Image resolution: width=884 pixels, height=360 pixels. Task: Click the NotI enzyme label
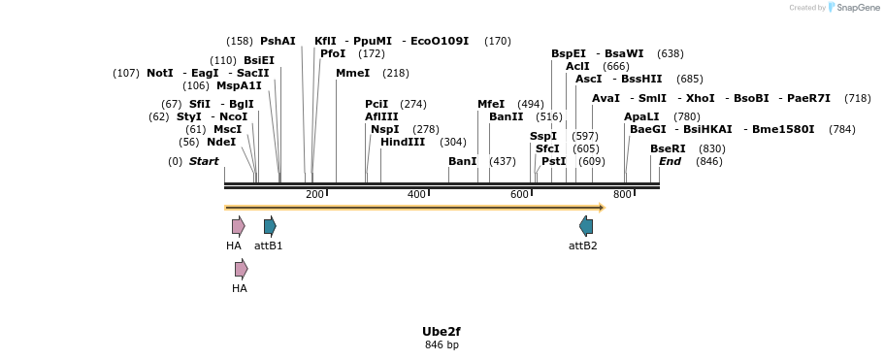[160, 73]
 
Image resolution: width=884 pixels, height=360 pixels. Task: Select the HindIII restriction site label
[403, 142]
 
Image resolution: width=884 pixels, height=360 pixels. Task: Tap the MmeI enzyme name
[352, 73]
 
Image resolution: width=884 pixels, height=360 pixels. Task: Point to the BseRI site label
[668, 148]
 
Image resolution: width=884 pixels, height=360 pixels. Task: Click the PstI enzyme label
[553, 161]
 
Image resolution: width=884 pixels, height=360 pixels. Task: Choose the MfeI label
[491, 104]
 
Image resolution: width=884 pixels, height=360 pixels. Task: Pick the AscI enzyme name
[589, 79]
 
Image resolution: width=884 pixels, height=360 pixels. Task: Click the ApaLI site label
[641, 116]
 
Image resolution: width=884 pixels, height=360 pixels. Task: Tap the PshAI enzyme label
[278, 41]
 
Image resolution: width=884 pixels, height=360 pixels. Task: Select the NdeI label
[221, 142]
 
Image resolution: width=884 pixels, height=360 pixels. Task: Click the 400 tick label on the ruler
[416, 195]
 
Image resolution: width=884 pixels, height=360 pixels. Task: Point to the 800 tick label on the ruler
[622, 195]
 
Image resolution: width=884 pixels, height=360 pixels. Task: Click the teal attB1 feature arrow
[270, 226]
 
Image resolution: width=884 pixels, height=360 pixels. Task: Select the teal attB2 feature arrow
[586, 226]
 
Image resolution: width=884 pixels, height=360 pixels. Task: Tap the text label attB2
[583, 245]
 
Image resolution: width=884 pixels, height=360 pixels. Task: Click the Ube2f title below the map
[442, 331]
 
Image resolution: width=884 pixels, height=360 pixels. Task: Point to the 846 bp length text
[442, 345]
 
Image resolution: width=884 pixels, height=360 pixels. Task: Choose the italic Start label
[204, 161]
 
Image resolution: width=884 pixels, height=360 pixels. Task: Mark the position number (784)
[841, 129]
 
